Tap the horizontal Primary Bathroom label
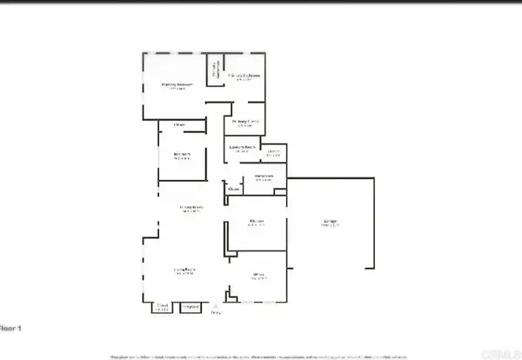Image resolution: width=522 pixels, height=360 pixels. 244,77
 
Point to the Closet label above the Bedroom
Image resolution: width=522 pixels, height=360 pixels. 179,126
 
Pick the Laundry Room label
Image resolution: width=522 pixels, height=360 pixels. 242,149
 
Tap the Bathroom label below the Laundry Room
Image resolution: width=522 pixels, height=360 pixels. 264,178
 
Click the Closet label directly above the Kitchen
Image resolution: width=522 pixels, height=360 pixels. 234,188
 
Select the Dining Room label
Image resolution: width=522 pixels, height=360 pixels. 191,208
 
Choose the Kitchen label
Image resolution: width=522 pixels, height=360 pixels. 256,223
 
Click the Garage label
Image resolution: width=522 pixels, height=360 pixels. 331,223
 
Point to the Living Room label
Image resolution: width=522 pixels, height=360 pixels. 183,270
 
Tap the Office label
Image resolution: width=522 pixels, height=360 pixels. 258,276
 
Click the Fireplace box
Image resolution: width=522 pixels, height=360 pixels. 191,306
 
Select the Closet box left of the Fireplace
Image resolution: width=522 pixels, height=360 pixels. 162,306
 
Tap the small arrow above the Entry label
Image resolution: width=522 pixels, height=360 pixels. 216,307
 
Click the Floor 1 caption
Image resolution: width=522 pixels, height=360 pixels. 10,327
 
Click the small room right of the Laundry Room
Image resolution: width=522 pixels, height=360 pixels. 273,154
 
